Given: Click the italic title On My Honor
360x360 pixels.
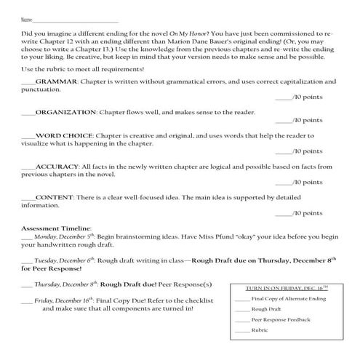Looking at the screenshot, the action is (188, 36).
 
